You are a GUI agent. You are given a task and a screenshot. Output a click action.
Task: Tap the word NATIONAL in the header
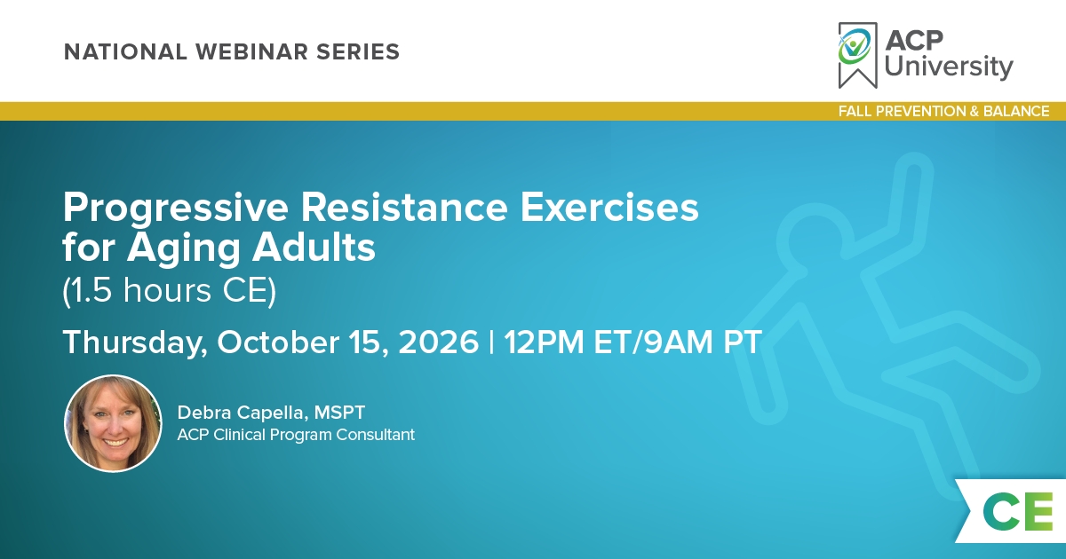tap(125, 51)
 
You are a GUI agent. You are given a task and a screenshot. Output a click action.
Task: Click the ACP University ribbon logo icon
tap(857, 55)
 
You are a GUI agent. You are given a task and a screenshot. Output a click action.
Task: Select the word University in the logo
tap(949, 67)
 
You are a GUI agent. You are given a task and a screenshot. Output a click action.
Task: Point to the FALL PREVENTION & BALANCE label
tap(943, 111)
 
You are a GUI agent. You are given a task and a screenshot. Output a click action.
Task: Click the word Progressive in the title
tap(176, 209)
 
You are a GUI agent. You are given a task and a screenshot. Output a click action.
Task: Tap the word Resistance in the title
tap(404, 208)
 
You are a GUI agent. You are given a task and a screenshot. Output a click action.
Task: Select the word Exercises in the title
tap(609, 208)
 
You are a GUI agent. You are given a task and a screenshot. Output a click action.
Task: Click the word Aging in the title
tap(183, 249)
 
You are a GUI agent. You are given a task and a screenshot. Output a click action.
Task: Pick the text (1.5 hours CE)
tap(170, 290)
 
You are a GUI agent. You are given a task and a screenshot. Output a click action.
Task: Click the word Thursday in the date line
tap(135, 342)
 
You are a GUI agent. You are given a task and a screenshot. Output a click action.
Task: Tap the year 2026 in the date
tap(438, 342)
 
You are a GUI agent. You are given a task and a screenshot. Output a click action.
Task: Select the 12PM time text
tap(544, 342)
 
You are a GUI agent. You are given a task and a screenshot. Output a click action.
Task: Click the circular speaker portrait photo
tap(113, 423)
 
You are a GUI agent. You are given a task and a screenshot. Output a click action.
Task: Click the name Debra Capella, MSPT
tap(271, 413)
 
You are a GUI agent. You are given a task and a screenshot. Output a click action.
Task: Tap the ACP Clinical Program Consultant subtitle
tap(296, 435)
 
